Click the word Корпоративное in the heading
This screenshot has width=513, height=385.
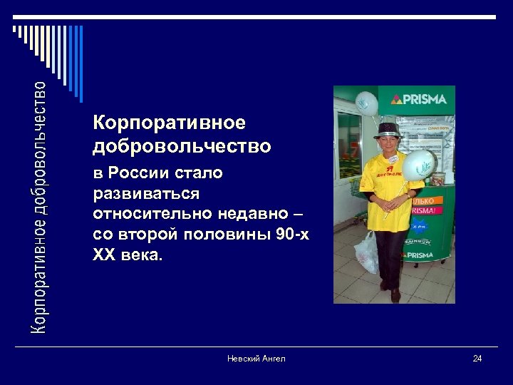point(169,123)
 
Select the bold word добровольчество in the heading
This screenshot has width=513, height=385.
point(182,147)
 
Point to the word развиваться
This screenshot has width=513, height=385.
point(146,194)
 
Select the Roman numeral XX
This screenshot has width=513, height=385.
point(105,255)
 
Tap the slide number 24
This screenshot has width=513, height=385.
point(477,358)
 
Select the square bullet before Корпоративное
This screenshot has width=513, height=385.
point(85,123)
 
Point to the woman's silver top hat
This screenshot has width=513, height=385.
point(390,130)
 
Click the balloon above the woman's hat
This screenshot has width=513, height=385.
point(366,104)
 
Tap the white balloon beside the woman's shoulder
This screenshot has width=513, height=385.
point(419,165)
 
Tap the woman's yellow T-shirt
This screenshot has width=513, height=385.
point(386,192)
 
